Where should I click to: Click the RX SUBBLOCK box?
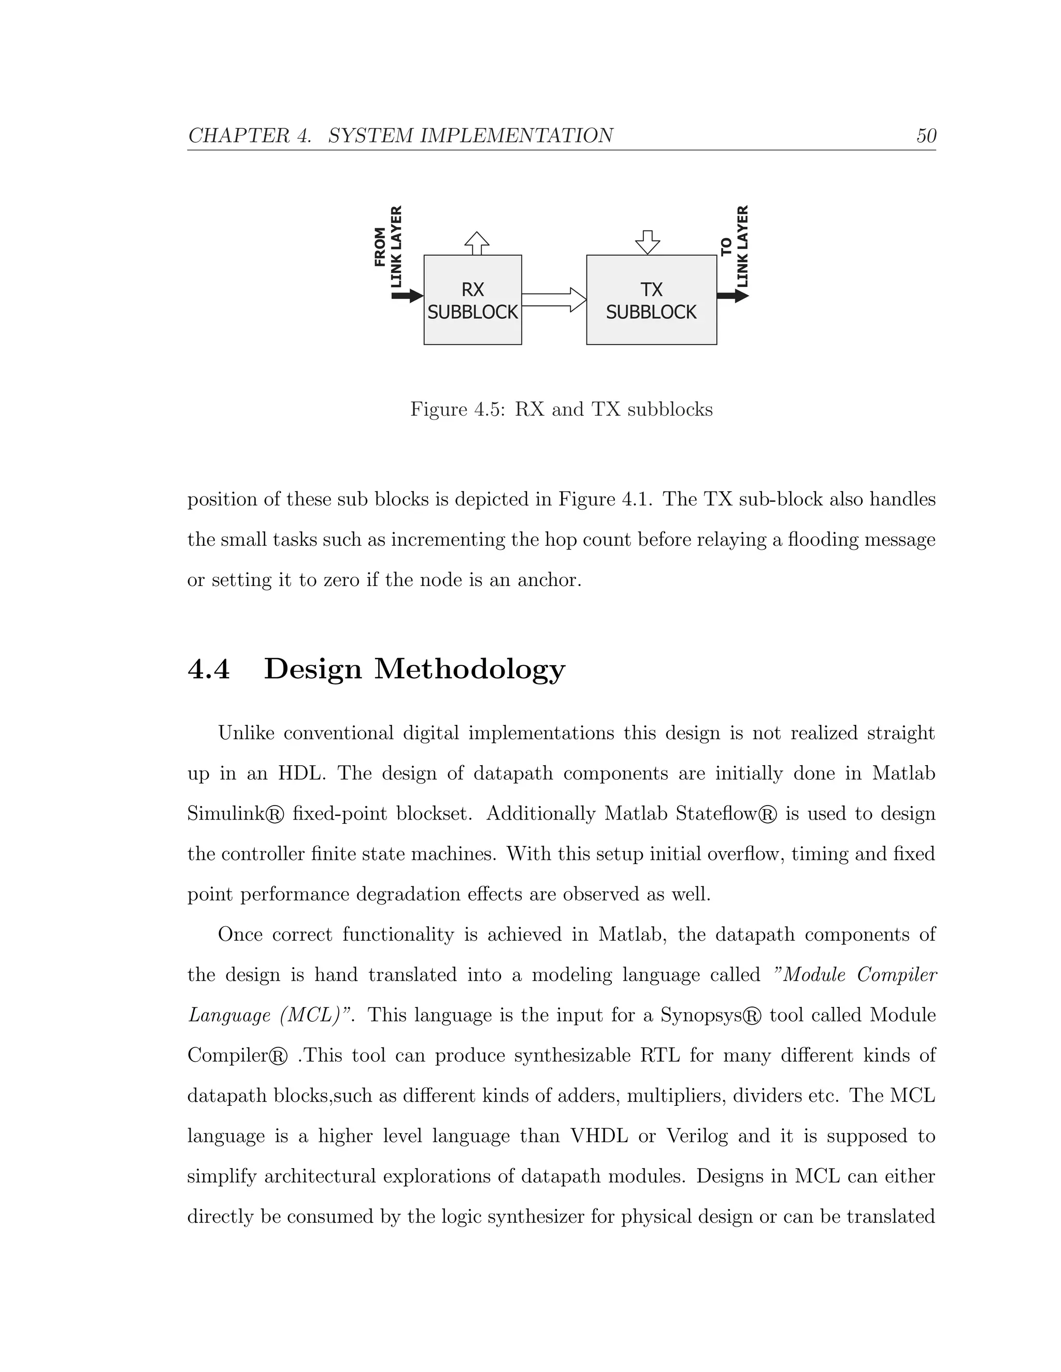point(472,300)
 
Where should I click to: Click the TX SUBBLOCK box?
point(651,300)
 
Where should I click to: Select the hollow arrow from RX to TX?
point(554,300)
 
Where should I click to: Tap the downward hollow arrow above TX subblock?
point(648,242)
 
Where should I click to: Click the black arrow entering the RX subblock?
point(407,295)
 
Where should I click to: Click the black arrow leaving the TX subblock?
point(732,295)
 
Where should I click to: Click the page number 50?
point(926,136)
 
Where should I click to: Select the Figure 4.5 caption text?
point(561,410)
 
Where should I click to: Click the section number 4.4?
point(209,668)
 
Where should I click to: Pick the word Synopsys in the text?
point(696,1016)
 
